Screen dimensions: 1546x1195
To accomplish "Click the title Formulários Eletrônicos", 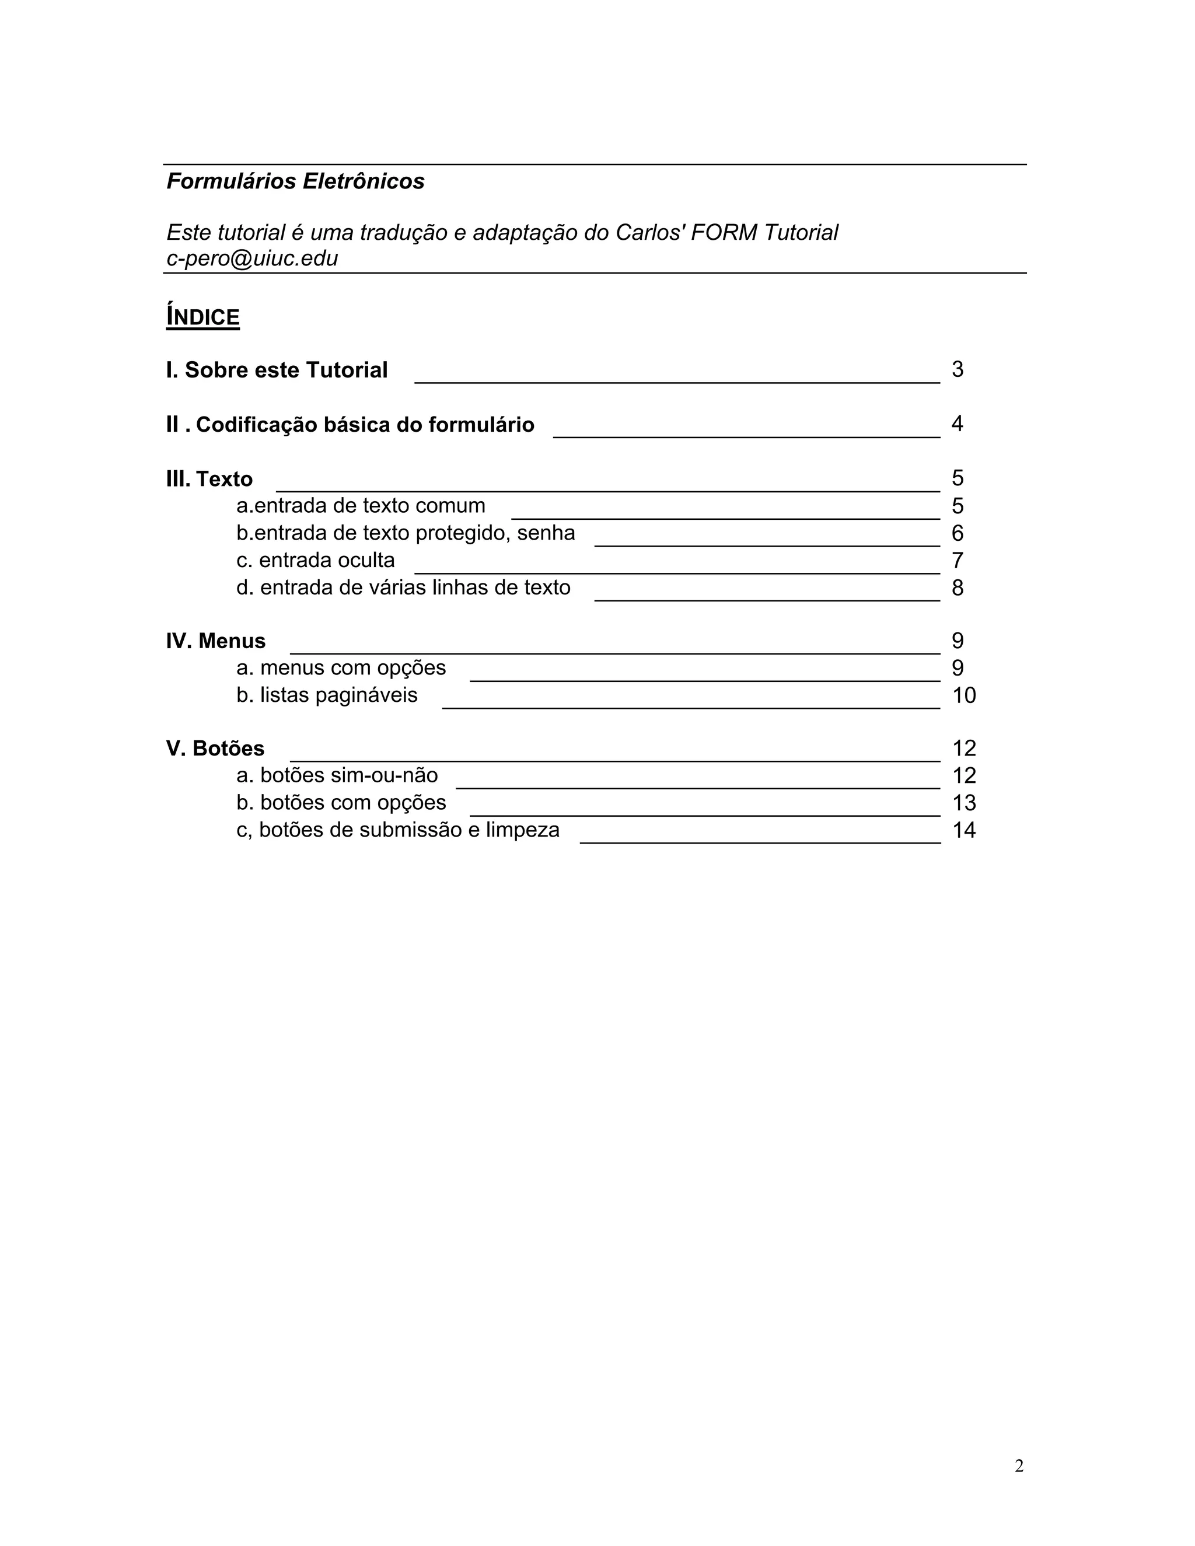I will (295, 181).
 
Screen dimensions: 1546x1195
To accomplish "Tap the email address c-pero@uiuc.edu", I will (252, 258).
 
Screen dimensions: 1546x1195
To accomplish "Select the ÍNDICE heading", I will (203, 317).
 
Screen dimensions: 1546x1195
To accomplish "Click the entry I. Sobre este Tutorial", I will (277, 370).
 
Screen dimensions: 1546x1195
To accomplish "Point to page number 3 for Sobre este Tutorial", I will (957, 369).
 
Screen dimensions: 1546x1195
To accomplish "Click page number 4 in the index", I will (957, 424).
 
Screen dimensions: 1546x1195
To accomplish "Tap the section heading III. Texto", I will (209, 479).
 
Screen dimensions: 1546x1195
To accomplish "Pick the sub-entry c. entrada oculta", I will (316, 561).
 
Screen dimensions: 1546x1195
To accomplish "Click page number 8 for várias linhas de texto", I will (957, 588).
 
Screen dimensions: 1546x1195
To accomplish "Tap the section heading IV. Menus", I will (216, 641).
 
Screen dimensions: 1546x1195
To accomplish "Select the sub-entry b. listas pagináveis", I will (327, 696).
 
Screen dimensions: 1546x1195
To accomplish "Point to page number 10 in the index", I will (963, 696).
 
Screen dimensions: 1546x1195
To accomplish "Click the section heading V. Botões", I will (215, 749).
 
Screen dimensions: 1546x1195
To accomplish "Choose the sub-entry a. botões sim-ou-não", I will (337, 776).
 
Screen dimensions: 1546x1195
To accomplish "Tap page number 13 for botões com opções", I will (963, 803).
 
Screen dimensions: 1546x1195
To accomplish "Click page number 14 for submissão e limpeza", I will (963, 830).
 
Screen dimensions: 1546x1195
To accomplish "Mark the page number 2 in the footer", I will (1019, 1466).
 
